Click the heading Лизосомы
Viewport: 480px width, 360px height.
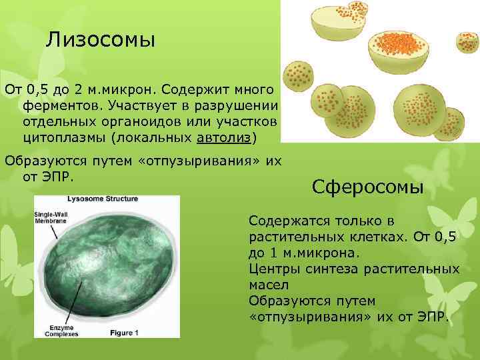coord(101,40)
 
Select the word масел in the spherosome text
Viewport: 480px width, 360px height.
coord(267,285)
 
